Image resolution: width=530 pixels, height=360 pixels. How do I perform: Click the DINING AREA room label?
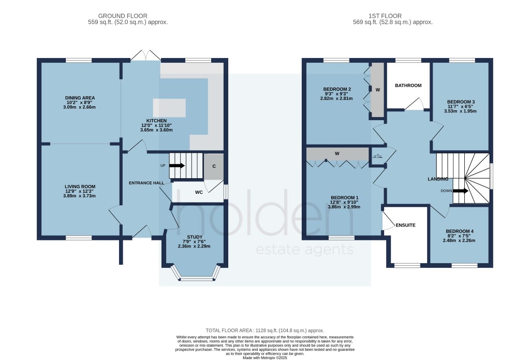point(80,97)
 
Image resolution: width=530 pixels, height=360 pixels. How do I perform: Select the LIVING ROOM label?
point(80,186)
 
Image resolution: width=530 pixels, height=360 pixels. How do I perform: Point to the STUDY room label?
point(195,237)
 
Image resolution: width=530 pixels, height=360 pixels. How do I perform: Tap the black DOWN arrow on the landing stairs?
point(460,191)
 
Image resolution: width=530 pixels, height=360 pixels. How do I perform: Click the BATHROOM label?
point(408,85)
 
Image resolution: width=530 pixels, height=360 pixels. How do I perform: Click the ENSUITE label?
point(405,226)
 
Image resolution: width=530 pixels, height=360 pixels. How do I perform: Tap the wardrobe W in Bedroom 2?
point(378,90)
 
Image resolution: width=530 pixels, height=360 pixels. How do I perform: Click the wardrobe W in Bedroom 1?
point(337,153)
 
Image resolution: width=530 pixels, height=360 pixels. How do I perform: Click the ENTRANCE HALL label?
point(146,183)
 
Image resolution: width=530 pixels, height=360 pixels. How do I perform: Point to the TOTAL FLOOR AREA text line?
point(264,330)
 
